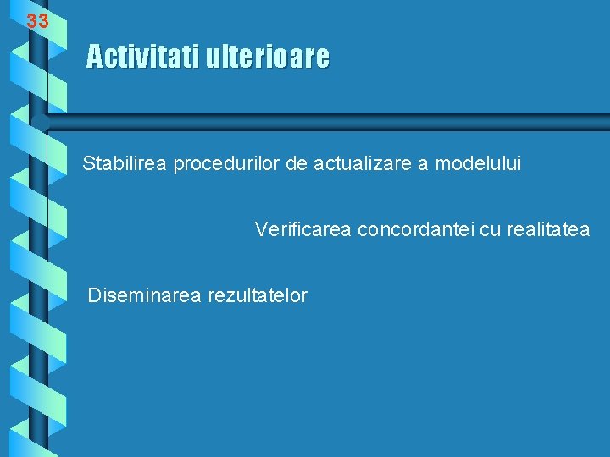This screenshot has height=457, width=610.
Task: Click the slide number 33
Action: [x=37, y=22]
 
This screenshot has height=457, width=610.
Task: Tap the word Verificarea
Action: [x=303, y=229]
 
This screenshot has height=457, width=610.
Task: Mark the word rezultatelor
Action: [x=257, y=295]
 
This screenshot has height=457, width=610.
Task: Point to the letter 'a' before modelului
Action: [x=424, y=163]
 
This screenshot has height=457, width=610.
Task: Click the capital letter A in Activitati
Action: [x=94, y=58]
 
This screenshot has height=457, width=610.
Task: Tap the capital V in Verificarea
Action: [x=261, y=229]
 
